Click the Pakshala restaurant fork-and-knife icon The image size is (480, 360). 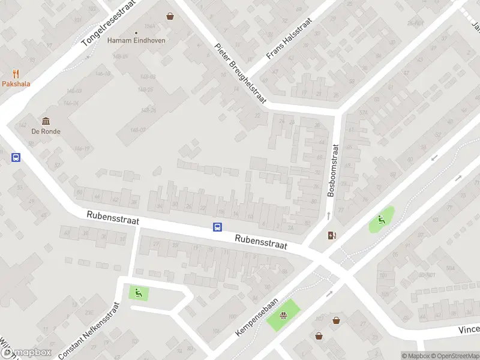click(16, 74)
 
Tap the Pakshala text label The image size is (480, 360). click(16, 85)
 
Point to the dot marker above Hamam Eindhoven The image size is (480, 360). click(136, 32)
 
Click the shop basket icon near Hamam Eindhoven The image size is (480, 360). click(170, 16)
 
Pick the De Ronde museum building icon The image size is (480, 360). click(46, 121)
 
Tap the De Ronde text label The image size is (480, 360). click(46, 131)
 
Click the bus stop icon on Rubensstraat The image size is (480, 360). click(217, 227)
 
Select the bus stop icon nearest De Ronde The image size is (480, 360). click(16, 158)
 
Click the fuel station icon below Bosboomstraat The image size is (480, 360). click(332, 235)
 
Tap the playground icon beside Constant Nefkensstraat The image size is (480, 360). click(139, 293)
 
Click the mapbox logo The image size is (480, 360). click(26, 353)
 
